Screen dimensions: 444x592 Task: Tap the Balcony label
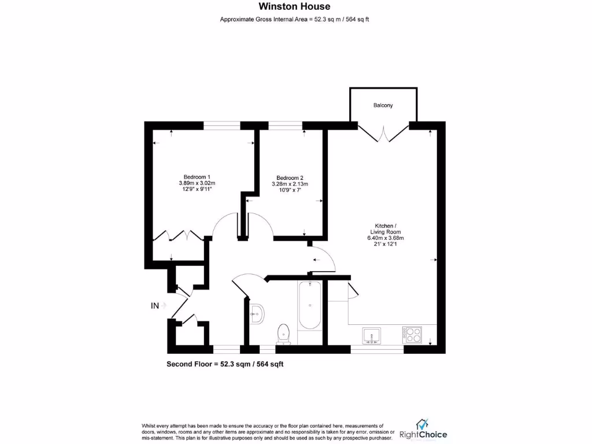coord(383,105)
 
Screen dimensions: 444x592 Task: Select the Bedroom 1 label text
coord(197,176)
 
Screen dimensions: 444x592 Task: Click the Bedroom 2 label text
coord(290,177)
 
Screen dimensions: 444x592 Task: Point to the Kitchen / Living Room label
coord(382,228)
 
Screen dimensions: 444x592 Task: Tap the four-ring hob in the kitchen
coord(412,335)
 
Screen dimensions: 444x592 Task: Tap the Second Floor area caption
coord(224,364)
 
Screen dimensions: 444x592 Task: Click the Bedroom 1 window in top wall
coord(221,125)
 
